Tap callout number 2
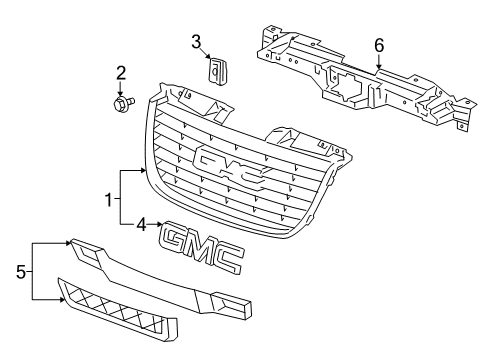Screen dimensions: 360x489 pyautogui.click(x=120, y=72)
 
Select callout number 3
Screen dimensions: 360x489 pyautogui.click(x=197, y=41)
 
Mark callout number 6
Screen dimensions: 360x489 pyautogui.click(x=379, y=45)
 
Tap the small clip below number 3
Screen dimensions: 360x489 pyautogui.click(x=218, y=72)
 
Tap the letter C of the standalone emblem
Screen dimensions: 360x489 pyautogui.click(x=230, y=258)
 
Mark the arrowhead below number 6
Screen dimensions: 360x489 pyautogui.click(x=379, y=66)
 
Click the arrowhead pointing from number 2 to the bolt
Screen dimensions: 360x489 pyautogui.click(x=120, y=92)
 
